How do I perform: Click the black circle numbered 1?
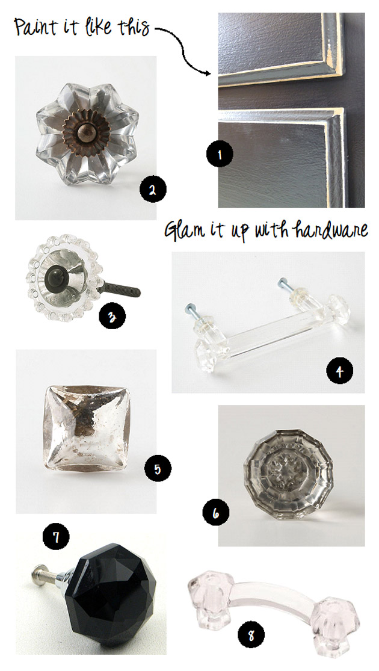coord(220,154)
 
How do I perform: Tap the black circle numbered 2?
coord(152,190)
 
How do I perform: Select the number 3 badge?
coord(112,317)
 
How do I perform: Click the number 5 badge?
coord(158,469)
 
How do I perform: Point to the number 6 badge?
coord(215,513)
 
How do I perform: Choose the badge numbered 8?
coord(251,635)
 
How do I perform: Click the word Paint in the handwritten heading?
coord(35,26)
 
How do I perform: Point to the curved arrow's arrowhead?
coord(208,73)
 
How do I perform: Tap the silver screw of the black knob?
coord(49,575)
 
